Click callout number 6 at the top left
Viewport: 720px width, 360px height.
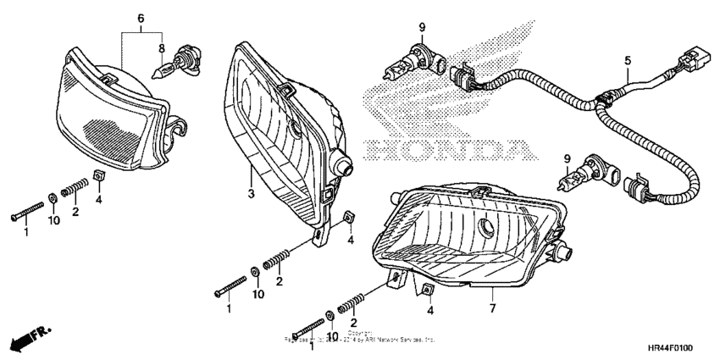click(141, 18)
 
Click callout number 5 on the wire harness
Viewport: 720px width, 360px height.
click(628, 60)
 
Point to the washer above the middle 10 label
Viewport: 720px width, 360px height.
click(255, 274)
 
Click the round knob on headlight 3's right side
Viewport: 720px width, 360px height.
click(344, 166)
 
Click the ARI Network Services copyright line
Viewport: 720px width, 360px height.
click(360, 339)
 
